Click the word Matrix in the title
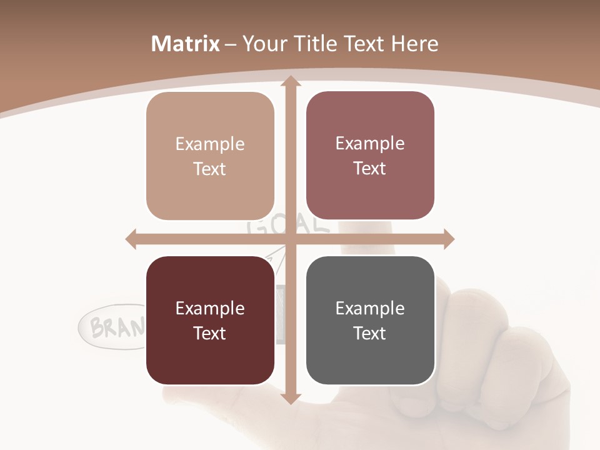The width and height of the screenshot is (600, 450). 186,44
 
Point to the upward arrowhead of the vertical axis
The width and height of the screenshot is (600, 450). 289,81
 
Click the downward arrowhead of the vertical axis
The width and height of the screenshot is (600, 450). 289,399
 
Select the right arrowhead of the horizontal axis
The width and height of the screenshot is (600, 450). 448,239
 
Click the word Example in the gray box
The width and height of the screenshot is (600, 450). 370,308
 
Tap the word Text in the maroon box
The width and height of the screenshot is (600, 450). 210,333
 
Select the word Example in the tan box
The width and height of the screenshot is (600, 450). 210,144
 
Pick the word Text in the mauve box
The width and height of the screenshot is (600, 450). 370,169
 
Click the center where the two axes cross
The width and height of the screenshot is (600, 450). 290,239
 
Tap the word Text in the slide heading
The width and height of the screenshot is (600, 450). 365,44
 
